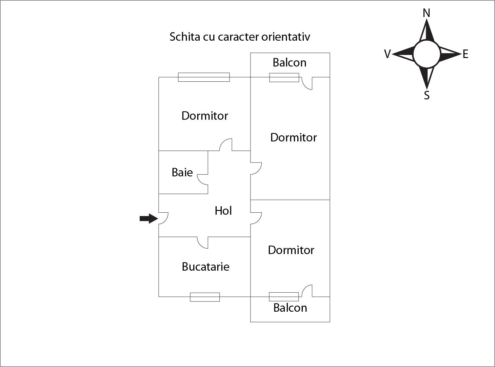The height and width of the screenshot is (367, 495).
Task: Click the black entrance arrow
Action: pyautogui.click(x=148, y=219)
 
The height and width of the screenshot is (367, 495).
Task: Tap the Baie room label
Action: pyautogui.click(x=182, y=172)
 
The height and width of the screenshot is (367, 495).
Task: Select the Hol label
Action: pyautogui.click(x=223, y=211)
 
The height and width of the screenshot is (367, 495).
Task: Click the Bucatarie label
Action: pyautogui.click(x=205, y=267)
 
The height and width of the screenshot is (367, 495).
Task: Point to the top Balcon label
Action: pyautogui.click(x=290, y=63)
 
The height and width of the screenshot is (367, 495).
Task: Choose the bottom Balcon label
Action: pyautogui.click(x=290, y=308)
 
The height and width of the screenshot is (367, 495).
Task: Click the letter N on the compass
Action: pyautogui.click(x=427, y=13)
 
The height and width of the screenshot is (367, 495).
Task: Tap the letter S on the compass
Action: pyautogui.click(x=427, y=95)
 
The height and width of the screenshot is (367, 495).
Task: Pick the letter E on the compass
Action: pyautogui.click(x=466, y=54)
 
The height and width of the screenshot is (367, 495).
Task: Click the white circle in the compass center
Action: pyautogui.click(x=427, y=54)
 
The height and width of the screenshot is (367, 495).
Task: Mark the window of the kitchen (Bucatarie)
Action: pyautogui.click(x=205, y=297)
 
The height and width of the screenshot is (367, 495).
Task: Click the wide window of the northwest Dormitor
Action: pyautogui.click(x=204, y=77)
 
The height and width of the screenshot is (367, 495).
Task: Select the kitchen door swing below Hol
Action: pyautogui.click(x=203, y=242)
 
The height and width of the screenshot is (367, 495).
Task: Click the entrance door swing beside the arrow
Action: pyautogui.click(x=163, y=218)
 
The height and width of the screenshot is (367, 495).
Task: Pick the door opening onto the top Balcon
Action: pyautogui.click(x=307, y=83)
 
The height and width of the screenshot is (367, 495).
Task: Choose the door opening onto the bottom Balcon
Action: pyautogui.click(x=307, y=291)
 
